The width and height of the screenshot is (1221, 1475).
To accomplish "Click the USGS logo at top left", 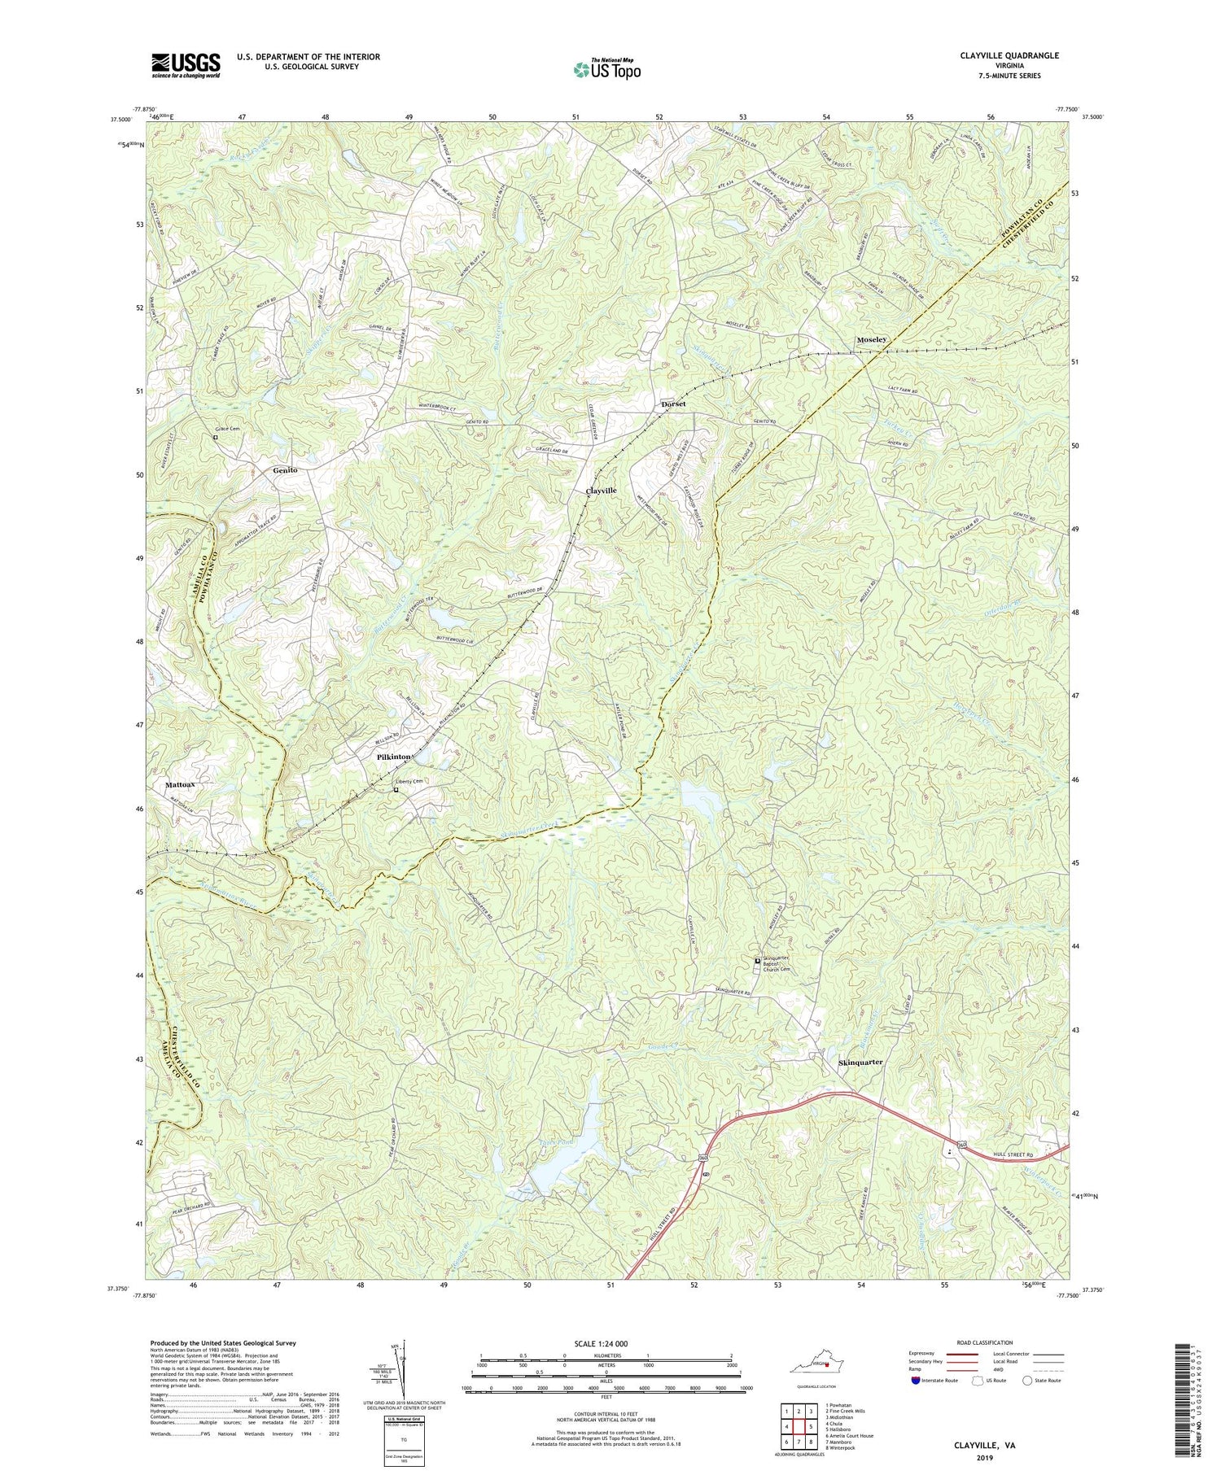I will pyautogui.click(x=186, y=64).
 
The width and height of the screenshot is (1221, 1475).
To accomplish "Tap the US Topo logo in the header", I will pyautogui.click(x=606, y=69).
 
